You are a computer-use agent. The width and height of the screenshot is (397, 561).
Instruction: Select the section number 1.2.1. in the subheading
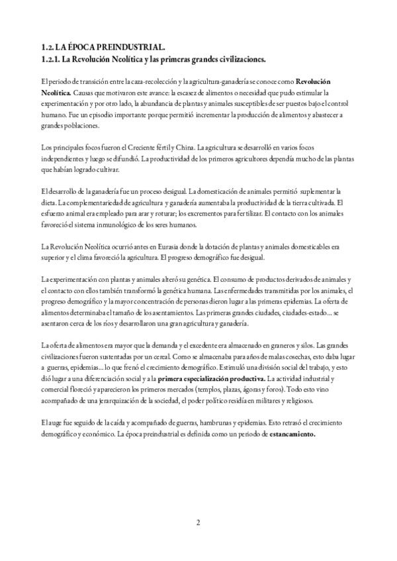(x=53, y=58)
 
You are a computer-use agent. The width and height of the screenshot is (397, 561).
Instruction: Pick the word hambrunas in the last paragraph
(x=198, y=422)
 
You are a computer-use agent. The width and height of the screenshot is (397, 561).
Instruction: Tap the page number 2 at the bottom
(x=198, y=523)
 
